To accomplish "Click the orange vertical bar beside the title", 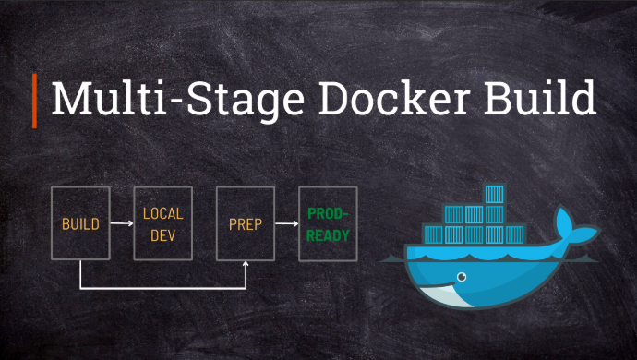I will [x=35, y=100].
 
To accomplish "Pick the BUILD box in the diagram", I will [x=80, y=223].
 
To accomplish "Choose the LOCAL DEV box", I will [x=162, y=223].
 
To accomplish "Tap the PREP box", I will [x=245, y=223].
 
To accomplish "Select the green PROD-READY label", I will [x=328, y=224].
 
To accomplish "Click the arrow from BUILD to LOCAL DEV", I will [x=122, y=223].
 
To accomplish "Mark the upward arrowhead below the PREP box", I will [x=246, y=267].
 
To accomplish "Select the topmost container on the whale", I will [x=495, y=195].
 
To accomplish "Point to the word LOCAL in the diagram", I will [x=162, y=213].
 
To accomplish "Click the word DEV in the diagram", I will [x=162, y=234].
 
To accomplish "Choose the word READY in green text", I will [x=328, y=235].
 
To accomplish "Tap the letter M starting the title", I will [x=70, y=99].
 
